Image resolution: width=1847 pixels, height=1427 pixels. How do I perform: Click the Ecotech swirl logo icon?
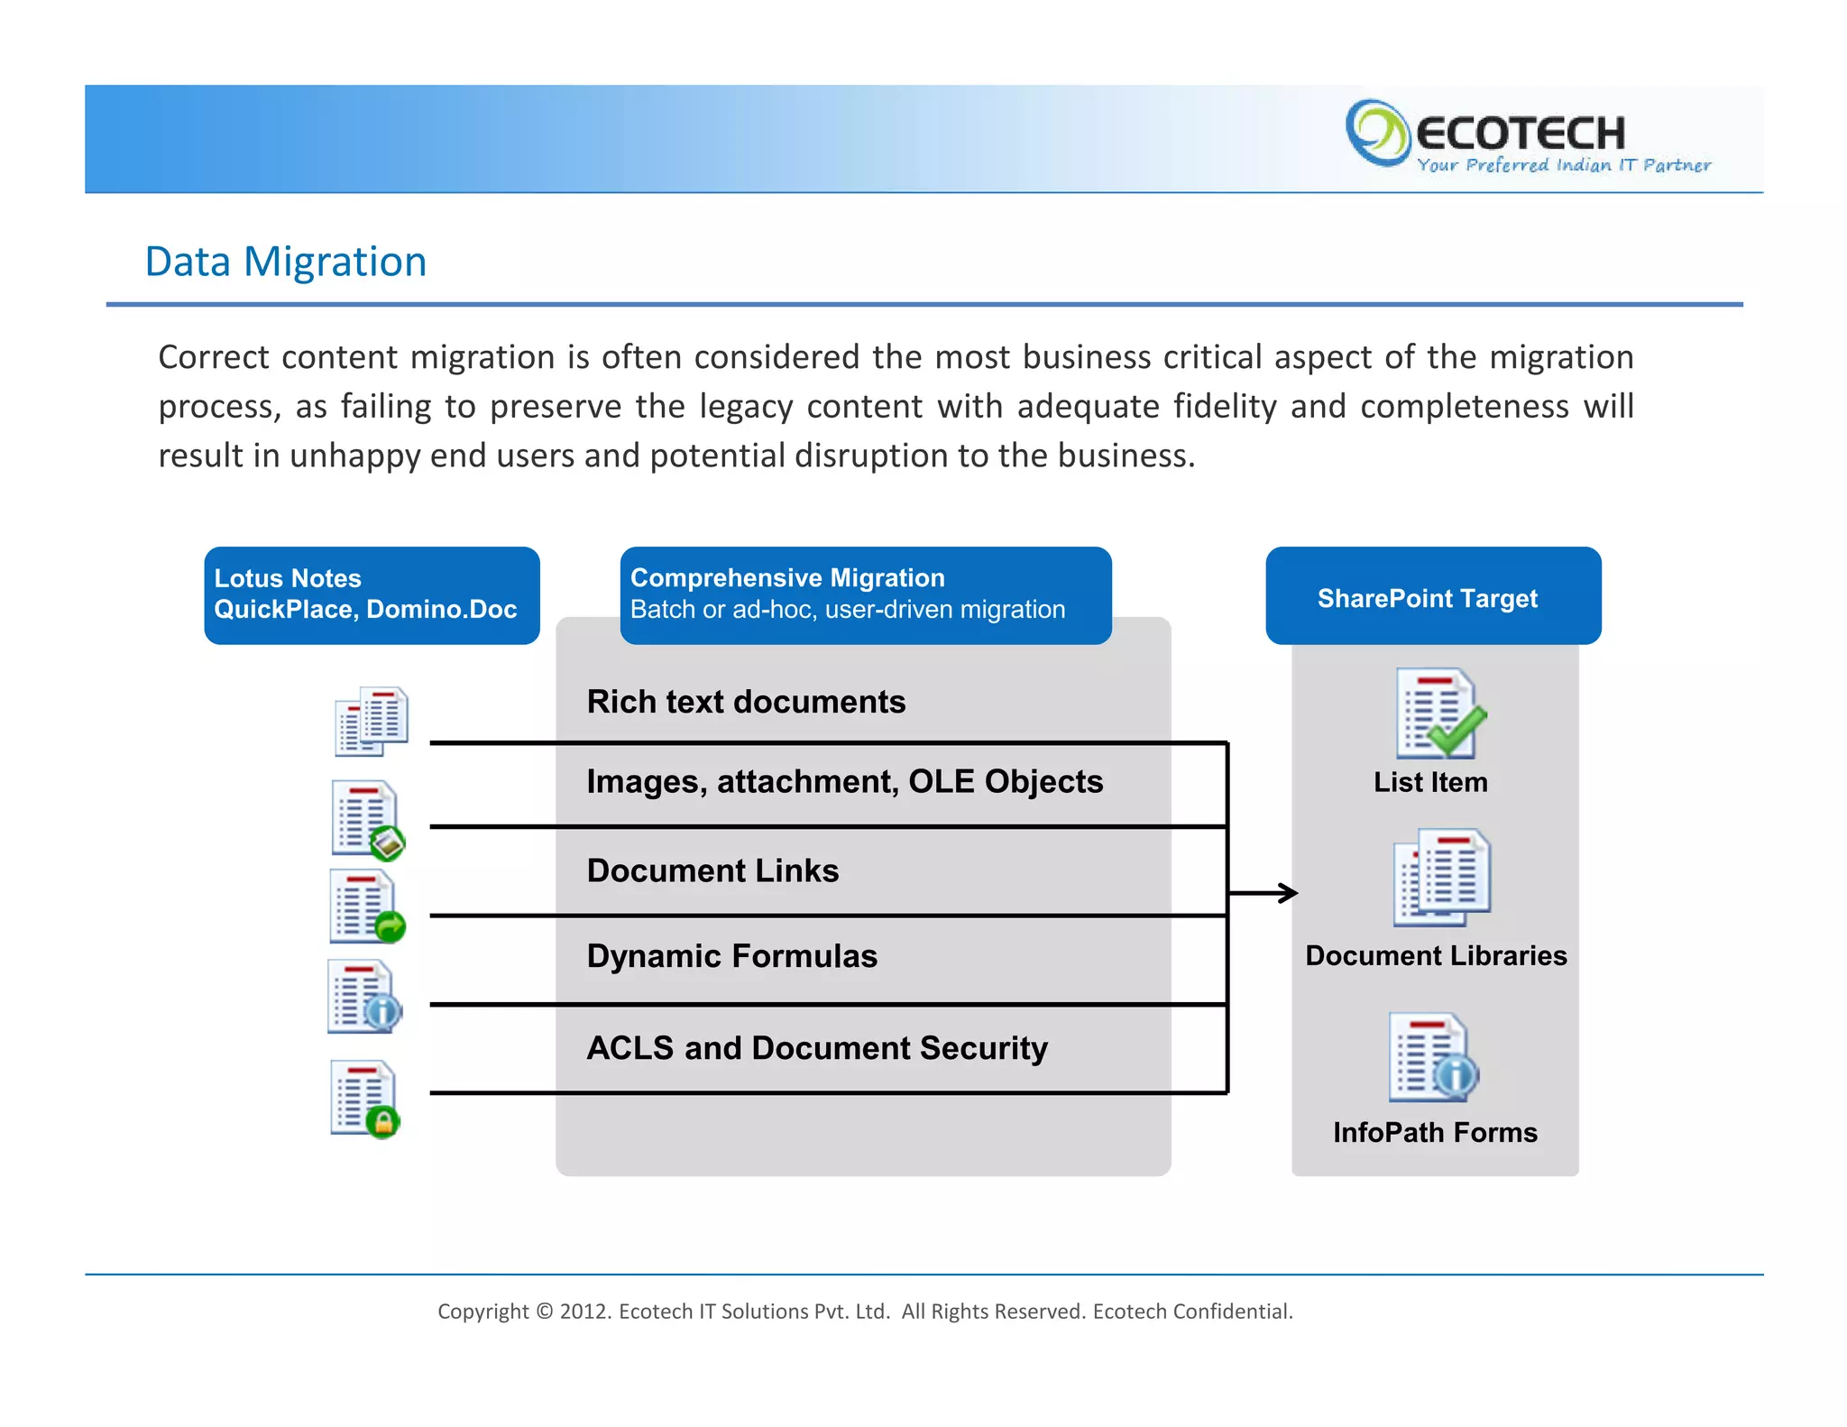pyautogui.click(x=1376, y=133)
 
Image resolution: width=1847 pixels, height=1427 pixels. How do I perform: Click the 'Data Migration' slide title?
pyautogui.click(x=285, y=262)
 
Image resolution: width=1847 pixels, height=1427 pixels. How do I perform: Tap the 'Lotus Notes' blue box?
pyautogui.click(x=372, y=595)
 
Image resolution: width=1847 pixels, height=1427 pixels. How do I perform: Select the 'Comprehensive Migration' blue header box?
pyautogui.click(x=865, y=595)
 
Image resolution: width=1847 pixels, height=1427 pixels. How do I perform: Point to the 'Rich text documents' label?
pyautogui.click(x=746, y=702)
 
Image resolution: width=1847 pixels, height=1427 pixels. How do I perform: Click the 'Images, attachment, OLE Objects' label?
pyautogui.click(x=844, y=781)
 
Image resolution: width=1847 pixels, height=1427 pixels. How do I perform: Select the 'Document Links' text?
pyautogui.click(x=712, y=870)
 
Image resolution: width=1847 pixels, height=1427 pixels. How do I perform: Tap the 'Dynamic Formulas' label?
pyautogui.click(x=731, y=956)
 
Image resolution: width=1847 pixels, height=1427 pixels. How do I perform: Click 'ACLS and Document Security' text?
pyautogui.click(x=817, y=1048)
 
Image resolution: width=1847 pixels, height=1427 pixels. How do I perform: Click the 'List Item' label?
pyautogui.click(x=1430, y=782)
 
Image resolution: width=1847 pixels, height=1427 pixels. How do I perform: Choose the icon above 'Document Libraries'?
pyautogui.click(x=1441, y=877)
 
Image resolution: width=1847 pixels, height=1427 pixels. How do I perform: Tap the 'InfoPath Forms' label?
pyautogui.click(x=1435, y=1132)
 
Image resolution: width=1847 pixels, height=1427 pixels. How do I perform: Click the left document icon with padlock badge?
pyautogui.click(x=365, y=1099)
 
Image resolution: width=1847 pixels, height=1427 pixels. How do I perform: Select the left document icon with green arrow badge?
pyautogui.click(x=366, y=907)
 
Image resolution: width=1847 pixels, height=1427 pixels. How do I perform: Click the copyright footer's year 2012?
pyautogui.click(x=584, y=1312)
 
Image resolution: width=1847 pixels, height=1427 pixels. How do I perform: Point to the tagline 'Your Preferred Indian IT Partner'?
pyautogui.click(x=1563, y=165)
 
